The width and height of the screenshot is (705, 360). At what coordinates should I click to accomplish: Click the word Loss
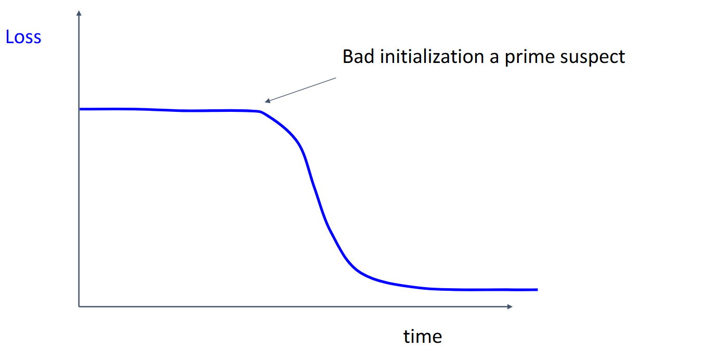23,37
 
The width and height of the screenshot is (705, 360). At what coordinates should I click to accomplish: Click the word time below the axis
423,337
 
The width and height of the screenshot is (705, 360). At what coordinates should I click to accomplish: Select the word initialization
432,57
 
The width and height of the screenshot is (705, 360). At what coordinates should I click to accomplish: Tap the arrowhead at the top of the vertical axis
79,13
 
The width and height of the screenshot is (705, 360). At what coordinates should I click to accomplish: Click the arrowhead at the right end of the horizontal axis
510,306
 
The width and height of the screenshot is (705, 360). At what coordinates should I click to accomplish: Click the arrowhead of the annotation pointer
267,101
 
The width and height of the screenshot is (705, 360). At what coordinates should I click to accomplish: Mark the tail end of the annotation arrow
336,78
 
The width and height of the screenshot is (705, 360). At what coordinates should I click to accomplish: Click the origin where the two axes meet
79,306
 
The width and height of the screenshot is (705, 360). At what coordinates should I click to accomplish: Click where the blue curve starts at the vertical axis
80,109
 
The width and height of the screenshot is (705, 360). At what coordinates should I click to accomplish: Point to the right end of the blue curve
537,289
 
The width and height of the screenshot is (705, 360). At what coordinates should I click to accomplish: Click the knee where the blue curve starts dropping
260,111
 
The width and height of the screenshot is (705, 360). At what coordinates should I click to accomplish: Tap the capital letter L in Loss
9,37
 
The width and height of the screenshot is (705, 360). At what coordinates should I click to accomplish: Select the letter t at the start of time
407,337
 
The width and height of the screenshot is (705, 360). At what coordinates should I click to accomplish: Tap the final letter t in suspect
622,58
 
